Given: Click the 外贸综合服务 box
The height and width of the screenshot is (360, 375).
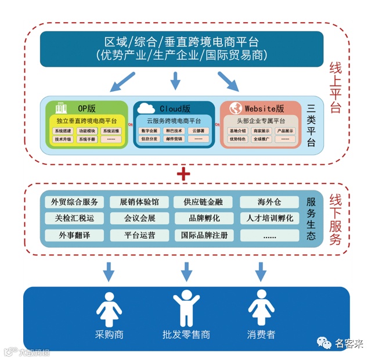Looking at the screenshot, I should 75,202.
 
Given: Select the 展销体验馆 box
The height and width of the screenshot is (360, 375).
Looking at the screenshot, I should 139,202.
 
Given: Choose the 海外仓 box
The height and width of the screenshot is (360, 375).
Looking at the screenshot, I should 269,202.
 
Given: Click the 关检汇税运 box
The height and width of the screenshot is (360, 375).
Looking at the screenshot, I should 75,219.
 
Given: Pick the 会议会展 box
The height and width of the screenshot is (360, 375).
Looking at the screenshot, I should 139,219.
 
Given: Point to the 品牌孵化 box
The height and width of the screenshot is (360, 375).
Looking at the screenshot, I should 204,219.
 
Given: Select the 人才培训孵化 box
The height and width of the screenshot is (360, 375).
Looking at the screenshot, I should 269,219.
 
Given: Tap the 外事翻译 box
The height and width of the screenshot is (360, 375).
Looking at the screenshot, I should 75,236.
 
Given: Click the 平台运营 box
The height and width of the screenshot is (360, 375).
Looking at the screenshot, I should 139,236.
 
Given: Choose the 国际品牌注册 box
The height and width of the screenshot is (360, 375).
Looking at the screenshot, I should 204,236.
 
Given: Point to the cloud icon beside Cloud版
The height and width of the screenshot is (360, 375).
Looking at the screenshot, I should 146,108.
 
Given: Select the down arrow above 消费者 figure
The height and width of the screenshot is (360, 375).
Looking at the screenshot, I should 261,271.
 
